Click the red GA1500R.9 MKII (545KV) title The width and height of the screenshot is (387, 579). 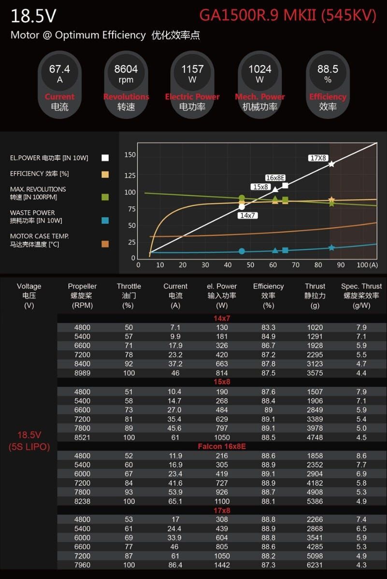287,15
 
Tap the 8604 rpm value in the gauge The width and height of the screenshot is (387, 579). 126,69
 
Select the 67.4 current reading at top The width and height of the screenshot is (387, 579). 59,69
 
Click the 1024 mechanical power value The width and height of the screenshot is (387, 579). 259,69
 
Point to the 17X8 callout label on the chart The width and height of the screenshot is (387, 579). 318,158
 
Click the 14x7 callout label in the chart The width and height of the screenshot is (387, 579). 247,215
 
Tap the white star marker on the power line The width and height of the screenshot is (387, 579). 331,164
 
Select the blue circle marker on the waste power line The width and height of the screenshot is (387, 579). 242,251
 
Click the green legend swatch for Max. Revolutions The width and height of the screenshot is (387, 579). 105,197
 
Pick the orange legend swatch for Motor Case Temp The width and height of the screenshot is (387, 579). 105,244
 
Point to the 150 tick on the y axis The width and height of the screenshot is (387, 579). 129,155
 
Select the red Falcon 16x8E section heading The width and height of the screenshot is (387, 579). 222,446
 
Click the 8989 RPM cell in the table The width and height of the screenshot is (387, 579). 82,373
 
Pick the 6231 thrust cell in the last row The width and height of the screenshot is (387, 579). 315,565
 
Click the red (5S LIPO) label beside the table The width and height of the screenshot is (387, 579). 29,447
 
